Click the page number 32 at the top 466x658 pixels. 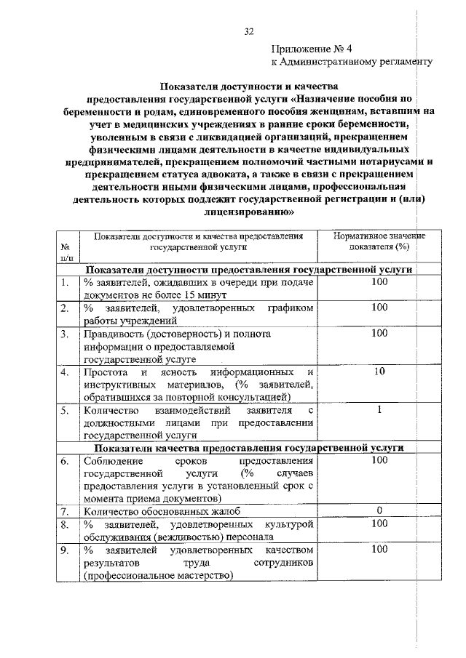(249, 31)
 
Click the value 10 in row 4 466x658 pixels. (379, 372)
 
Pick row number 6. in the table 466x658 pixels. (65, 461)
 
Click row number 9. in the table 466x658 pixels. (65, 550)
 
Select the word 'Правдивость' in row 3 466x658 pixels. (112, 334)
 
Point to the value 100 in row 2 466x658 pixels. (379, 308)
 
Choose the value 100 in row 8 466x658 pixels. (379, 523)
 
